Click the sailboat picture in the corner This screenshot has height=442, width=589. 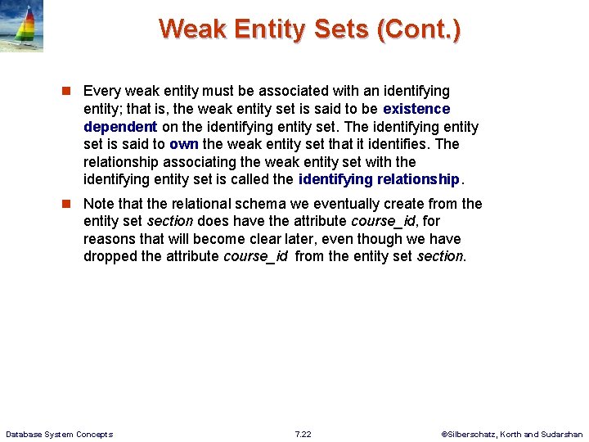click(21, 26)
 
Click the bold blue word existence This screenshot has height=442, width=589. click(416, 109)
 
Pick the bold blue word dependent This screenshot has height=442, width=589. click(120, 127)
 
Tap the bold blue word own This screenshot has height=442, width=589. click(184, 144)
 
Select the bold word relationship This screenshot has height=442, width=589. click(420, 179)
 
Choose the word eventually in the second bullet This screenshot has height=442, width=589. click(323, 204)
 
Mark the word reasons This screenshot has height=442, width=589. click(110, 239)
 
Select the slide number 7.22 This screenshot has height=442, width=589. click(303, 434)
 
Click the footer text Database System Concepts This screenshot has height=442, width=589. click(59, 434)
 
